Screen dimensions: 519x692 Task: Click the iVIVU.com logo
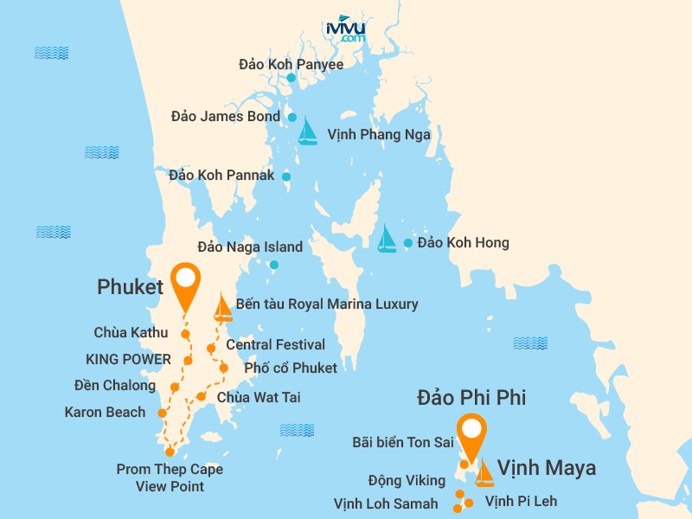(346, 29)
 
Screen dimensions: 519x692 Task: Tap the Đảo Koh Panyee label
(291, 64)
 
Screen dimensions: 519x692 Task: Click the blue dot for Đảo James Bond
(292, 117)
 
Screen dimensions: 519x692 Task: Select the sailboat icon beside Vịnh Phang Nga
(307, 131)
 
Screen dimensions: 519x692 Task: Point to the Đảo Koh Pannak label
(221, 175)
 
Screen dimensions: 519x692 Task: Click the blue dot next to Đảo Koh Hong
(408, 243)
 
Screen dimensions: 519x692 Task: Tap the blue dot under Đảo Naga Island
(273, 265)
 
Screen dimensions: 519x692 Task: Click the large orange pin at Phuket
(185, 285)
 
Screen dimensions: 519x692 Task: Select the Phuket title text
(130, 287)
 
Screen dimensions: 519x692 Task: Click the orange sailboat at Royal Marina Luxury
(223, 308)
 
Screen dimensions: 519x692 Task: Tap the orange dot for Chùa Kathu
(185, 334)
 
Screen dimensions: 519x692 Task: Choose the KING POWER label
(128, 359)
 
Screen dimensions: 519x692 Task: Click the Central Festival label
(275, 344)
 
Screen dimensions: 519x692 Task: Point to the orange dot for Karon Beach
(162, 413)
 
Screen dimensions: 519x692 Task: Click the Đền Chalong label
(115, 386)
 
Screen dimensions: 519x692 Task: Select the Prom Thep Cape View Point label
(170, 477)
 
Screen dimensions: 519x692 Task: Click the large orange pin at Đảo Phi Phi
(471, 438)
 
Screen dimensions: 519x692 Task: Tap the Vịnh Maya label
(546, 468)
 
